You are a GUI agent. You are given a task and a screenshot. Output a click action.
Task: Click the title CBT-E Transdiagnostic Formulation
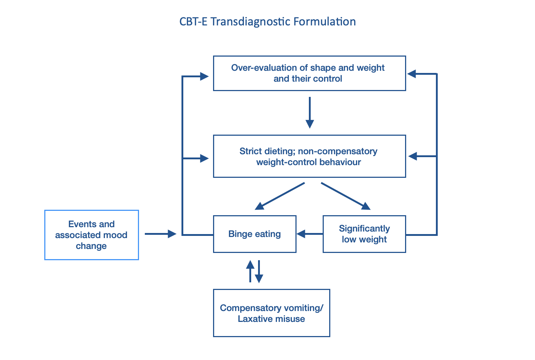pyautogui.click(x=267, y=22)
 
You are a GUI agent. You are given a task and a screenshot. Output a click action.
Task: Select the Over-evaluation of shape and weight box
pyautogui.click(x=309, y=73)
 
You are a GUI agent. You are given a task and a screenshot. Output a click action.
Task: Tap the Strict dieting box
pyautogui.click(x=309, y=156)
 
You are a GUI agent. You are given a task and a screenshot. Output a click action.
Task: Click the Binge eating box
pyautogui.click(x=254, y=234)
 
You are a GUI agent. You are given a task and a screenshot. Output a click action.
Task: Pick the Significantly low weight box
pyautogui.click(x=364, y=234)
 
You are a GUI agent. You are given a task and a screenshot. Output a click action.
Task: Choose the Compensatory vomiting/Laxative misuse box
pyautogui.click(x=271, y=313)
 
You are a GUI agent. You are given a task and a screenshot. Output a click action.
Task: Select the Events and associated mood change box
pyautogui.click(x=91, y=235)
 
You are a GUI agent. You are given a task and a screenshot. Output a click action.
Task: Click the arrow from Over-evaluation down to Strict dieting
pyautogui.click(x=310, y=112)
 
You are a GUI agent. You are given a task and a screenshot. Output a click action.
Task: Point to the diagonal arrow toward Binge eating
pyautogui.click(x=279, y=196)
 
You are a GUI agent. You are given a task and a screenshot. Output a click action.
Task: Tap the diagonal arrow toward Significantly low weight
pyautogui.click(x=346, y=196)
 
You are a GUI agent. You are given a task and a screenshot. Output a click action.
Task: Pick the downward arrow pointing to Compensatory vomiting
pyautogui.click(x=259, y=271)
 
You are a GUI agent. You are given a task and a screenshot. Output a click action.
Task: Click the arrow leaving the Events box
pyautogui.click(x=160, y=234)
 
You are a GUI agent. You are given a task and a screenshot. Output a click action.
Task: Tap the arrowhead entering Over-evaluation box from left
pyautogui.click(x=204, y=76)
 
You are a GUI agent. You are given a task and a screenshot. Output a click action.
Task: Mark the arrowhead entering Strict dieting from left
pyautogui.click(x=204, y=158)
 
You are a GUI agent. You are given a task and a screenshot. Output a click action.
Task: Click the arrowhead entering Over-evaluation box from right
pyautogui.click(x=412, y=74)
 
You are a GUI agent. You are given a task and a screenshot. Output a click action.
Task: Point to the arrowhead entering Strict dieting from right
pyautogui.click(x=413, y=156)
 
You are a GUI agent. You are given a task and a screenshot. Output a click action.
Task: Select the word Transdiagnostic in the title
pyautogui.click(x=250, y=22)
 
